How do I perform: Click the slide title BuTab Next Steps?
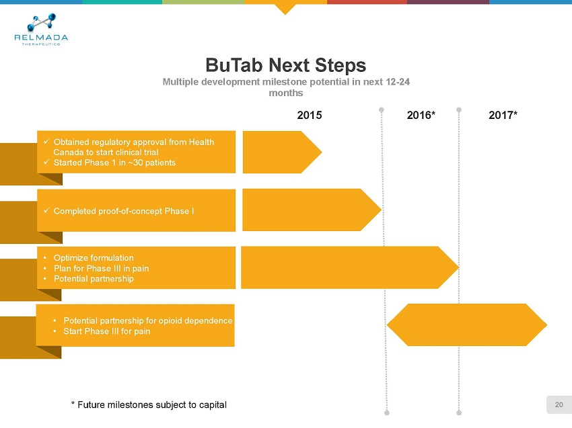(285, 65)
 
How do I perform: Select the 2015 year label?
(310, 115)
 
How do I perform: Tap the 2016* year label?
(422, 115)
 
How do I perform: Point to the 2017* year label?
(503, 115)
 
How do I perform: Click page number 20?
(559, 404)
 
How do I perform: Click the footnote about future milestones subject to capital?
(149, 404)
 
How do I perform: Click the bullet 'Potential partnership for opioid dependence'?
(147, 320)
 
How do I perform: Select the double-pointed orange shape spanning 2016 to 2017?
(467, 325)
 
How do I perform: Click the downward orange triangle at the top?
(286, 8)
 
